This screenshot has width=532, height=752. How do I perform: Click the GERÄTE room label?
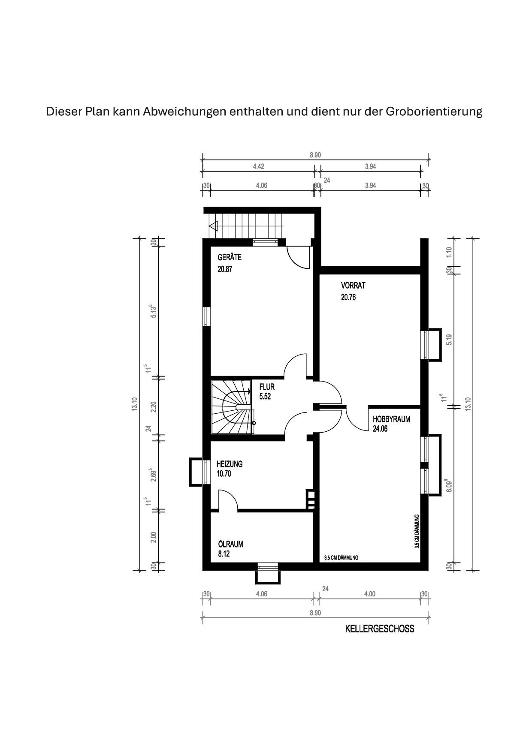(x=230, y=257)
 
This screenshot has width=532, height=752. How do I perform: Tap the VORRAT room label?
(x=353, y=285)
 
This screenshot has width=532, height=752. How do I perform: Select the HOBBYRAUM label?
(x=391, y=419)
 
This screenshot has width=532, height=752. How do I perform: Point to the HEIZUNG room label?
(x=230, y=464)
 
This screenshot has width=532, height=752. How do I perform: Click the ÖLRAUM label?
(x=230, y=544)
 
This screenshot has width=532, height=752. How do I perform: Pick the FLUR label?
(x=267, y=387)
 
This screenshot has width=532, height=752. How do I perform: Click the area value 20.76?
(x=348, y=297)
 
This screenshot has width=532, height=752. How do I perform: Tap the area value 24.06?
(x=380, y=429)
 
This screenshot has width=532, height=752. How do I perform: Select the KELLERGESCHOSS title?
(x=380, y=629)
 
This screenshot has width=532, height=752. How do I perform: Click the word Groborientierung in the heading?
(x=434, y=112)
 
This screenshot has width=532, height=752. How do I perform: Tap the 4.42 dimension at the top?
(x=258, y=166)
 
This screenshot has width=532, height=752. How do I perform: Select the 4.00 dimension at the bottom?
(x=369, y=594)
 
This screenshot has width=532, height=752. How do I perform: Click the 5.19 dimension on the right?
(x=449, y=340)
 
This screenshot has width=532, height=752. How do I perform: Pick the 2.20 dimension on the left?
(x=154, y=406)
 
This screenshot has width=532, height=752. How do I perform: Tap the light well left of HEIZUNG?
(x=196, y=472)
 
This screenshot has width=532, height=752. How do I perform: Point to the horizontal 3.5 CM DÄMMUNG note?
(x=341, y=558)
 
